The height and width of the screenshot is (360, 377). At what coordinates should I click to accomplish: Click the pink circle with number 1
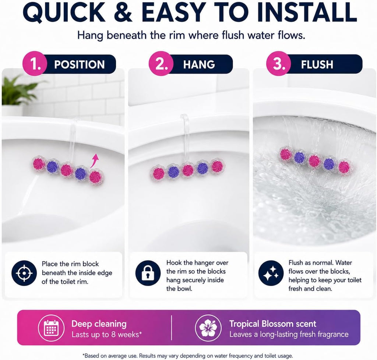[35, 64]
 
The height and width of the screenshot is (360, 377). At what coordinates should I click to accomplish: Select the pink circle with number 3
[278, 64]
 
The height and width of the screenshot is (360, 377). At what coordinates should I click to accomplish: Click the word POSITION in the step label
[80, 64]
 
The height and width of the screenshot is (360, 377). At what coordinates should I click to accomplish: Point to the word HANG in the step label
[199, 64]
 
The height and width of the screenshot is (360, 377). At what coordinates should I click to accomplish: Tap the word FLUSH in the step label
[317, 64]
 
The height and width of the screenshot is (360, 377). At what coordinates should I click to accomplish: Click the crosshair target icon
[24, 273]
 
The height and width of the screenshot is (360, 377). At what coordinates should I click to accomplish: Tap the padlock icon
[148, 273]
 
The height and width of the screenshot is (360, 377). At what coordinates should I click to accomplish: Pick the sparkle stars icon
[271, 273]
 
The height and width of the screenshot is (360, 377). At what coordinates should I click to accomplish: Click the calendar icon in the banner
[51, 328]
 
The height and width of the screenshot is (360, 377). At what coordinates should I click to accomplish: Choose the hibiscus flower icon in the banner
[208, 328]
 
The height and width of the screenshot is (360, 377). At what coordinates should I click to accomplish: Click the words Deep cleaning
[99, 324]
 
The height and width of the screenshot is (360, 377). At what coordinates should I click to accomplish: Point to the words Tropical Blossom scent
[273, 324]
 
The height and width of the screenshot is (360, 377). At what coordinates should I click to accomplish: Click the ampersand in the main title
[123, 13]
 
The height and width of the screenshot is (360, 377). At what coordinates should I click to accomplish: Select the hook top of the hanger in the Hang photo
[184, 118]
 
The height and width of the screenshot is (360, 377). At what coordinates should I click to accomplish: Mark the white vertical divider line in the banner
[172, 328]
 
